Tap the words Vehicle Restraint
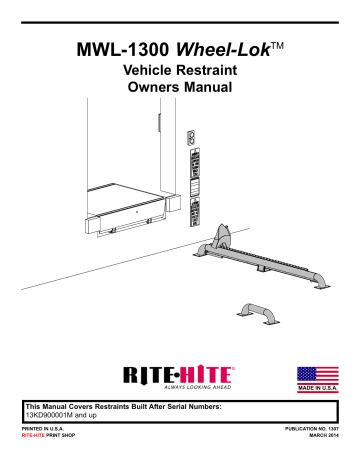[181, 73]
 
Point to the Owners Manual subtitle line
[181, 91]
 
